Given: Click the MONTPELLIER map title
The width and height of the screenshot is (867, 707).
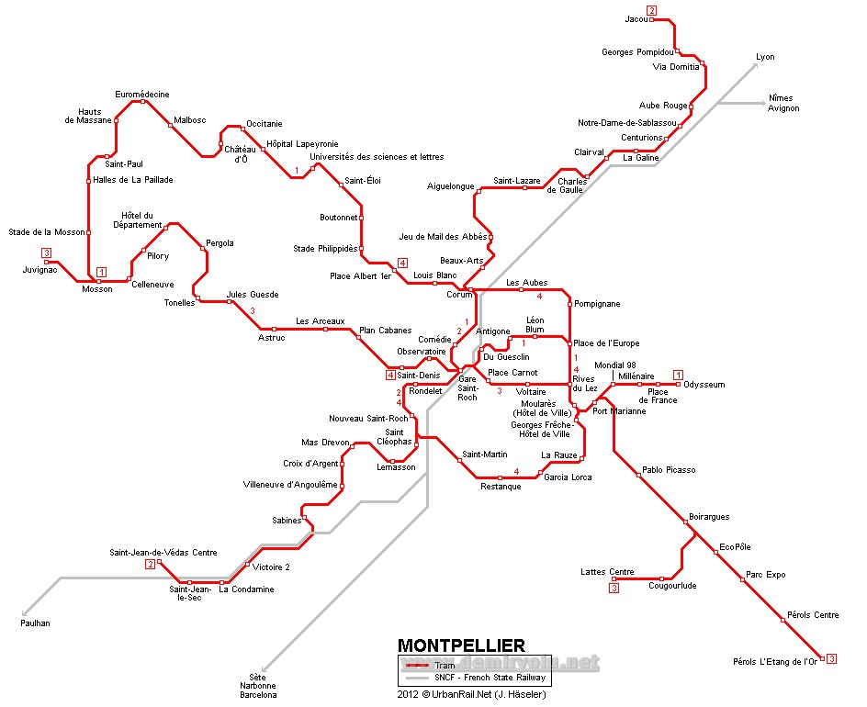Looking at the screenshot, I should click(x=461, y=645).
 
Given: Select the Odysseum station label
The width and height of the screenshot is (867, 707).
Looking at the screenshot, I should click(x=704, y=385).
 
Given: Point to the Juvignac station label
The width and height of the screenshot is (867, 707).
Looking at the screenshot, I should click(x=40, y=270).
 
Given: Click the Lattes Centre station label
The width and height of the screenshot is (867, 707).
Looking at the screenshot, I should click(x=607, y=572).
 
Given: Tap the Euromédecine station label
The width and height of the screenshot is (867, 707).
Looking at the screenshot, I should click(x=142, y=95).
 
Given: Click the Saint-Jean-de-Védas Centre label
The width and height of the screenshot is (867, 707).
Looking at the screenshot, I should click(x=163, y=552).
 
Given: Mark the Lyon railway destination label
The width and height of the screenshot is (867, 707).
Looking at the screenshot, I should click(x=765, y=57).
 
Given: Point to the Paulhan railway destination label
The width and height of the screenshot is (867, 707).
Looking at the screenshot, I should click(x=35, y=623).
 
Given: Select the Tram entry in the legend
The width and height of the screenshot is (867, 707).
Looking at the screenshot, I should click(x=445, y=666).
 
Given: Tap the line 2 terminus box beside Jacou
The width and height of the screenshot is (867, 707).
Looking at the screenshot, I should click(x=652, y=11).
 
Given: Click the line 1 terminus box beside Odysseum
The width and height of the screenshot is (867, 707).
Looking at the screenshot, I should click(x=678, y=374).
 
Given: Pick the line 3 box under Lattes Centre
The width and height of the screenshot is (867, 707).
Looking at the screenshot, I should click(x=614, y=589).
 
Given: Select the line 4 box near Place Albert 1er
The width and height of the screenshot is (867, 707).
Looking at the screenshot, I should click(x=401, y=263).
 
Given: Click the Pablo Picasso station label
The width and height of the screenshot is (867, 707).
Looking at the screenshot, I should click(x=669, y=470).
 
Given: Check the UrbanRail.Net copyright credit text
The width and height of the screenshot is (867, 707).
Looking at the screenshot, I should click(x=472, y=694).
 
